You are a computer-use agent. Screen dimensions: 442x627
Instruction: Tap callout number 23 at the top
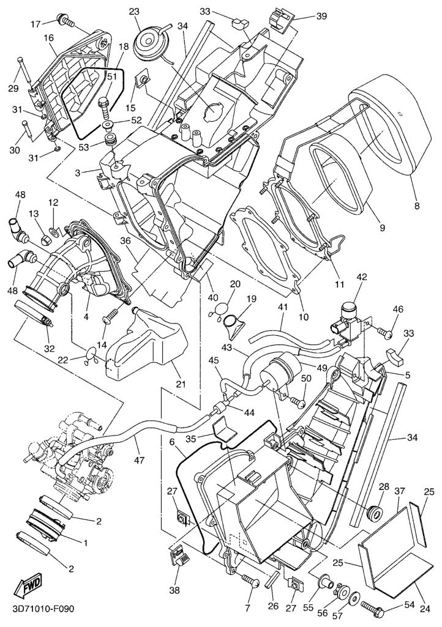pos(133,12)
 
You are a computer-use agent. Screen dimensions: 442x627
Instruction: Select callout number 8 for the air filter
pos(417,206)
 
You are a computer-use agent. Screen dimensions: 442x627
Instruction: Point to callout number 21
pos(181,384)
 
